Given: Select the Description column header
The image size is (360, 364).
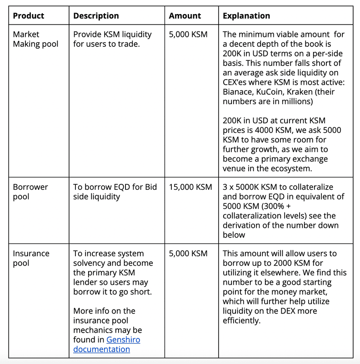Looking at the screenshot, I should point(96,15).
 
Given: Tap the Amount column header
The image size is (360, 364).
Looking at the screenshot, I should point(185,15).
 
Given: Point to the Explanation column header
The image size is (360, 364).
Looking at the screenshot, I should point(246,15).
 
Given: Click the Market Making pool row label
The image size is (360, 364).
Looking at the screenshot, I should point(35,39).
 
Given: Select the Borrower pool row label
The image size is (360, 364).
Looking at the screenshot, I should point(30,192).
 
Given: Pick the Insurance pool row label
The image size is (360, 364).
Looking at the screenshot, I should point(31,258).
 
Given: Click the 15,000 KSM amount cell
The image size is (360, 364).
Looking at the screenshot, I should point(190,187).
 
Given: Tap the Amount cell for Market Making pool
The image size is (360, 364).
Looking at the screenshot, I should point(188,34).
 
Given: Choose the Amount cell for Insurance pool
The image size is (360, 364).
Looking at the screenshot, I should point(188,253).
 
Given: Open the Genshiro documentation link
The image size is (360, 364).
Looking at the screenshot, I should point(107,344).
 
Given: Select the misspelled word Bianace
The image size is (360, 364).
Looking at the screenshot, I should point(240,92).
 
